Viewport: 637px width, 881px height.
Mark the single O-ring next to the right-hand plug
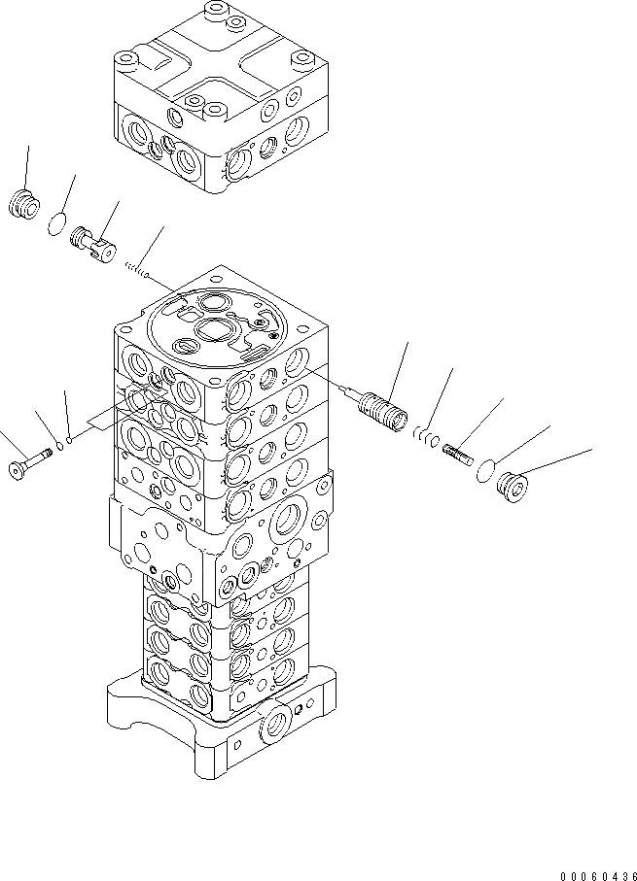coord(480,470)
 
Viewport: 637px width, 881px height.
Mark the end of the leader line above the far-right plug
coord(591,450)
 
